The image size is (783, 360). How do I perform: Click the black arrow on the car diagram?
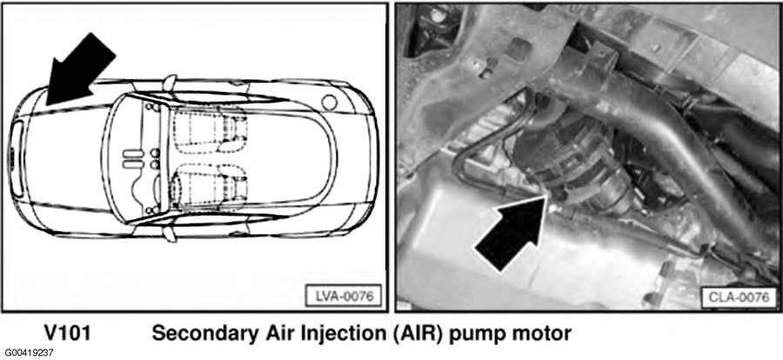(79, 70)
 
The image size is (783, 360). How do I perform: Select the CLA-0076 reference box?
(739, 298)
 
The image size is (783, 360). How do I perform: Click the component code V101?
(67, 333)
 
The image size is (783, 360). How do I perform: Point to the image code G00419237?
(28, 353)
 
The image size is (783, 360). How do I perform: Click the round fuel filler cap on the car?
(329, 103)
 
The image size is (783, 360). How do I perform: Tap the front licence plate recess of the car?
(17, 159)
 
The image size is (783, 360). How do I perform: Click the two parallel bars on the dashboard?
(133, 158)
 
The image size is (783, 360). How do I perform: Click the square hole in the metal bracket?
(521, 50)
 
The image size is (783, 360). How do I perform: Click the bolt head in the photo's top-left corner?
(437, 16)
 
